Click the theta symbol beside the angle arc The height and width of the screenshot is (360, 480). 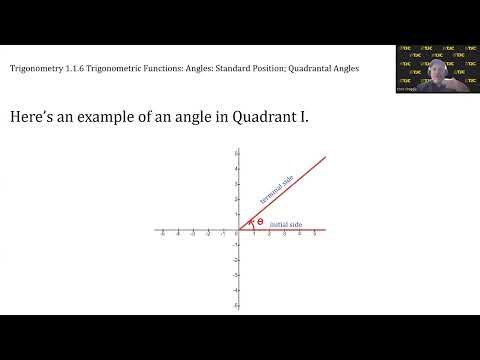(x=260, y=222)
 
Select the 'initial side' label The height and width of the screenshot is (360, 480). (x=286, y=225)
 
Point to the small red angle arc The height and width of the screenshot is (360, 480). (x=251, y=223)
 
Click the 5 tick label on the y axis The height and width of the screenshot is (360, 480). (x=234, y=154)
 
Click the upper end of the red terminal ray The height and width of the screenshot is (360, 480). (x=325, y=156)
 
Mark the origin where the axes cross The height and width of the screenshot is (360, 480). (x=238, y=230)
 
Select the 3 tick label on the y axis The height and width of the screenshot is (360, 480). (x=234, y=184)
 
